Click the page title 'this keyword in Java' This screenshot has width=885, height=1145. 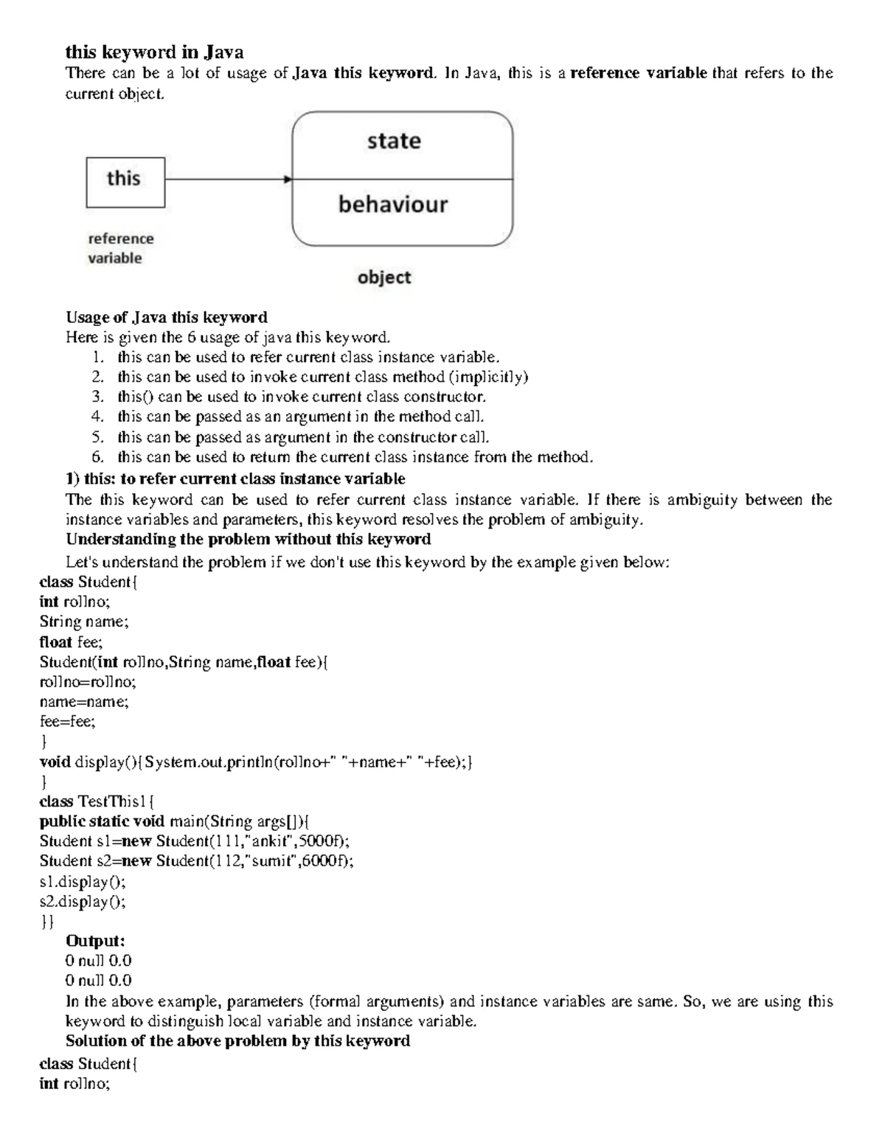(154, 52)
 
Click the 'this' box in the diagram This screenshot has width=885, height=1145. (125, 181)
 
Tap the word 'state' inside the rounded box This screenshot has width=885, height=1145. (394, 141)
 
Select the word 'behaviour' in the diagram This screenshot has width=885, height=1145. (392, 204)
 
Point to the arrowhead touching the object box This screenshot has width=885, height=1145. (288, 179)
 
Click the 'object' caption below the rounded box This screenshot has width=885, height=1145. (383, 278)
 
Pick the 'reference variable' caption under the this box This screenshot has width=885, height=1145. (120, 248)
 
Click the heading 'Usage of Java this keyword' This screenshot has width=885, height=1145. (166, 317)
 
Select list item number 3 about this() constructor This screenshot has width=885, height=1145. (301, 397)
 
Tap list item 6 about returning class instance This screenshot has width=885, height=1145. (354, 457)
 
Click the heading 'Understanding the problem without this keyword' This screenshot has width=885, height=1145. (248, 539)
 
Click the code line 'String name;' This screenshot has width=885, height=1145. (83, 622)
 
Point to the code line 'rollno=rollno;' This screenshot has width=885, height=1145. (88, 682)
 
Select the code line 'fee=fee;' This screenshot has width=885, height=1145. (67, 722)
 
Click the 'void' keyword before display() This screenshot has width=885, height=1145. (55, 762)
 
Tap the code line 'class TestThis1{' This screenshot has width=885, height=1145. (97, 801)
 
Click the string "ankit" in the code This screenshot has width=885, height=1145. (269, 841)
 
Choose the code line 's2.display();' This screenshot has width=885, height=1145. (83, 901)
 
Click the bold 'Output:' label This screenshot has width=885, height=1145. (95, 941)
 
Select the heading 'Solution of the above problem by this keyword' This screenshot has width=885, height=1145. (237, 1040)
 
